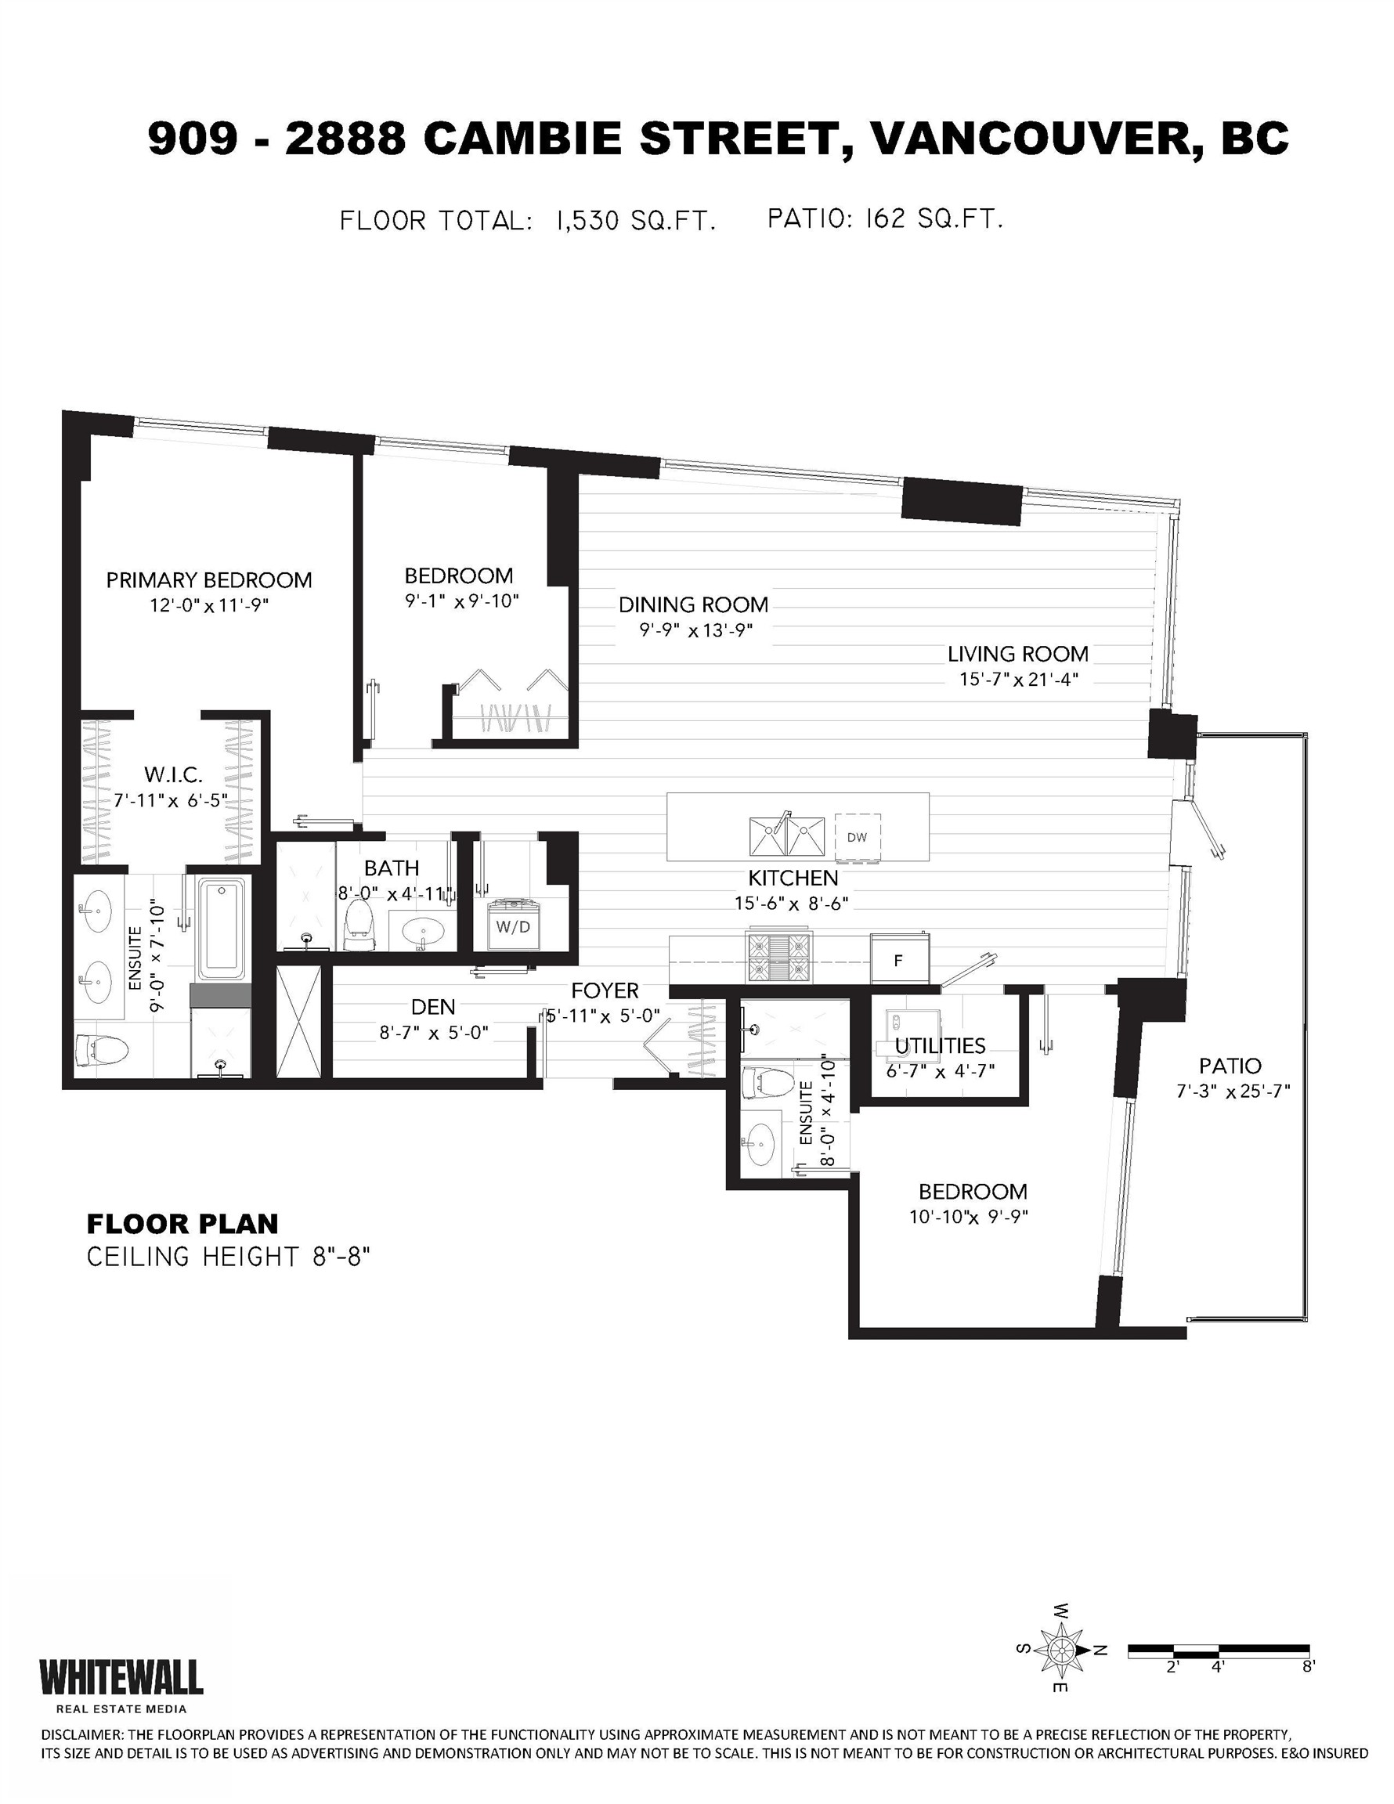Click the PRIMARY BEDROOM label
(209, 580)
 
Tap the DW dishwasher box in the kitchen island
(857, 837)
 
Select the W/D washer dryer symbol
(512, 926)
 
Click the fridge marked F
(899, 960)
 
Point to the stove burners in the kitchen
(780, 957)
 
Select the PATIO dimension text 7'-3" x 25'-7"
(1233, 1091)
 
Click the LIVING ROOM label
(1017, 655)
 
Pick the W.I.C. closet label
(173, 775)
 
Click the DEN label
(433, 1007)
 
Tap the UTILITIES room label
(940, 1046)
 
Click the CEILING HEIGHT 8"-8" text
(228, 1257)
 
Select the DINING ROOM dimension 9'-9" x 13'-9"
(695, 630)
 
